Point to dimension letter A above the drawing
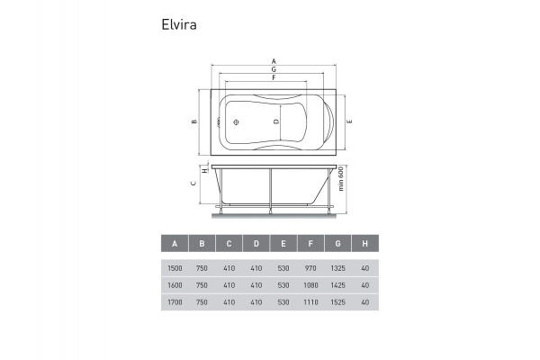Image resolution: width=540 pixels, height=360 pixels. (273, 61)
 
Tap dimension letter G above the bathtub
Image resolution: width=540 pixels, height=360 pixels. (273, 69)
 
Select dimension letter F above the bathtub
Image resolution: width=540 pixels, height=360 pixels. (273, 77)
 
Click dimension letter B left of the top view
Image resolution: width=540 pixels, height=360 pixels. (194, 121)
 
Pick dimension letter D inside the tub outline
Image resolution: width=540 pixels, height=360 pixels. (276, 121)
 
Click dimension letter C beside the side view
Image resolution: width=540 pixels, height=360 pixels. (194, 184)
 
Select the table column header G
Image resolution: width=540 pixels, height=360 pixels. (337, 244)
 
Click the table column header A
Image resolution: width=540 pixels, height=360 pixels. (175, 244)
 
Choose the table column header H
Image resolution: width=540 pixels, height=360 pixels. (364, 244)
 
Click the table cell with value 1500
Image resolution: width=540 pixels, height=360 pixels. (175, 267)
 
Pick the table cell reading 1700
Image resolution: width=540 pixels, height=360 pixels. (175, 303)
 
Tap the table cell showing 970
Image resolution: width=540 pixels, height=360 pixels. (310, 267)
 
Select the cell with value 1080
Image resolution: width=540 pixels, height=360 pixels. (310, 285)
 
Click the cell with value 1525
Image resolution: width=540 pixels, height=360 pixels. (337, 303)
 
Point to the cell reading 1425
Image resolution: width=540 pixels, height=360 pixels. (337, 285)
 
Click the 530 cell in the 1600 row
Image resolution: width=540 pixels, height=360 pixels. (283, 285)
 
